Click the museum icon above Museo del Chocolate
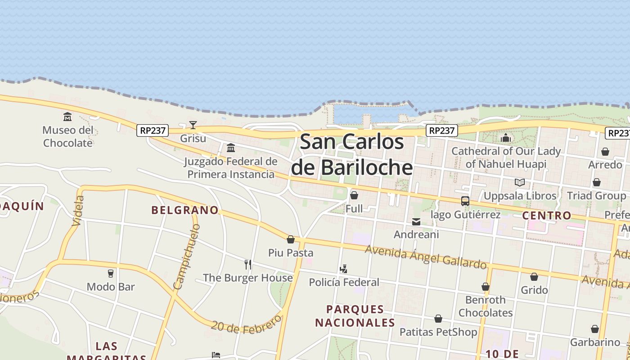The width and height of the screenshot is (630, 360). pyautogui.click(x=67, y=117)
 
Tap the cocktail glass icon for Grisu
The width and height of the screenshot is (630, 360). pyautogui.click(x=193, y=125)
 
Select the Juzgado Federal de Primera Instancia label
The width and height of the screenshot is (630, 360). pyautogui.click(x=231, y=168)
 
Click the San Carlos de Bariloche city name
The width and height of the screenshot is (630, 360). pyautogui.click(x=352, y=155)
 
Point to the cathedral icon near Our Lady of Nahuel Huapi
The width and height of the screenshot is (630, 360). pyautogui.click(x=506, y=138)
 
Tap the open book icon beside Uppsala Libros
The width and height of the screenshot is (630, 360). pyautogui.click(x=520, y=182)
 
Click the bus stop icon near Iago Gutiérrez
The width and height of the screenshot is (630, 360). pyautogui.click(x=465, y=201)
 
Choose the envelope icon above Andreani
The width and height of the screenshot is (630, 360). pyautogui.click(x=416, y=222)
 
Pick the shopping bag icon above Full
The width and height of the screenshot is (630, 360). pyautogui.click(x=354, y=195)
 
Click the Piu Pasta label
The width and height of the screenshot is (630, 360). pyautogui.click(x=291, y=253)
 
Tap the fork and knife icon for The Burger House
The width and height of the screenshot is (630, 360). pyautogui.click(x=248, y=264)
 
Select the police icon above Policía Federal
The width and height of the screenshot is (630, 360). pyautogui.click(x=344, y=269)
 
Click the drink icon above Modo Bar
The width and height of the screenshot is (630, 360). pyautogui.click(x=111, y=273)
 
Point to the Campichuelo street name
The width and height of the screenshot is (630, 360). pyautogui.click(x=186, y=257)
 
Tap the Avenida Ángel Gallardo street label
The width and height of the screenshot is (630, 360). pyautogui.click(x=425, y=256)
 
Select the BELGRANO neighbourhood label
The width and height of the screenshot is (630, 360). pyautogui.click(x=185, y=210)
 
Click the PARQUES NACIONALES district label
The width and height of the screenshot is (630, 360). pyautogui.click(x=355, y=316)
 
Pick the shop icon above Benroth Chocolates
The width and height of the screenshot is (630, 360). pyautogui.click(x=486, y=287)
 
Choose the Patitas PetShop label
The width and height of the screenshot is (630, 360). pyautogui.click(x=438, y=332)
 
